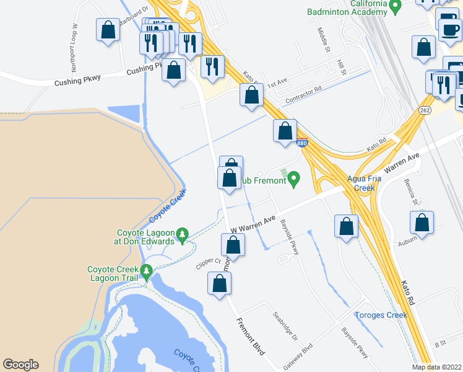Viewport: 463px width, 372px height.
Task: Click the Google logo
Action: [20, 365]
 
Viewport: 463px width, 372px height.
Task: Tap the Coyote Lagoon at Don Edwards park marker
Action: [182, 234]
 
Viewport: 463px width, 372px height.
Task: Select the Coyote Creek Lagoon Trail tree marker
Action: [147, 272]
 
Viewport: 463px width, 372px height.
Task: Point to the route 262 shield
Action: [424, 110]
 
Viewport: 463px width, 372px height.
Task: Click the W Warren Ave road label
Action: [253, 224]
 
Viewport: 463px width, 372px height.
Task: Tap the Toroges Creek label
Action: [381, 315]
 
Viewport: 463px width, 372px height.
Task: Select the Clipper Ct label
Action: [209, 261]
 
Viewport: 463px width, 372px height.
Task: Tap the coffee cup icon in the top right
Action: [449, 28]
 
